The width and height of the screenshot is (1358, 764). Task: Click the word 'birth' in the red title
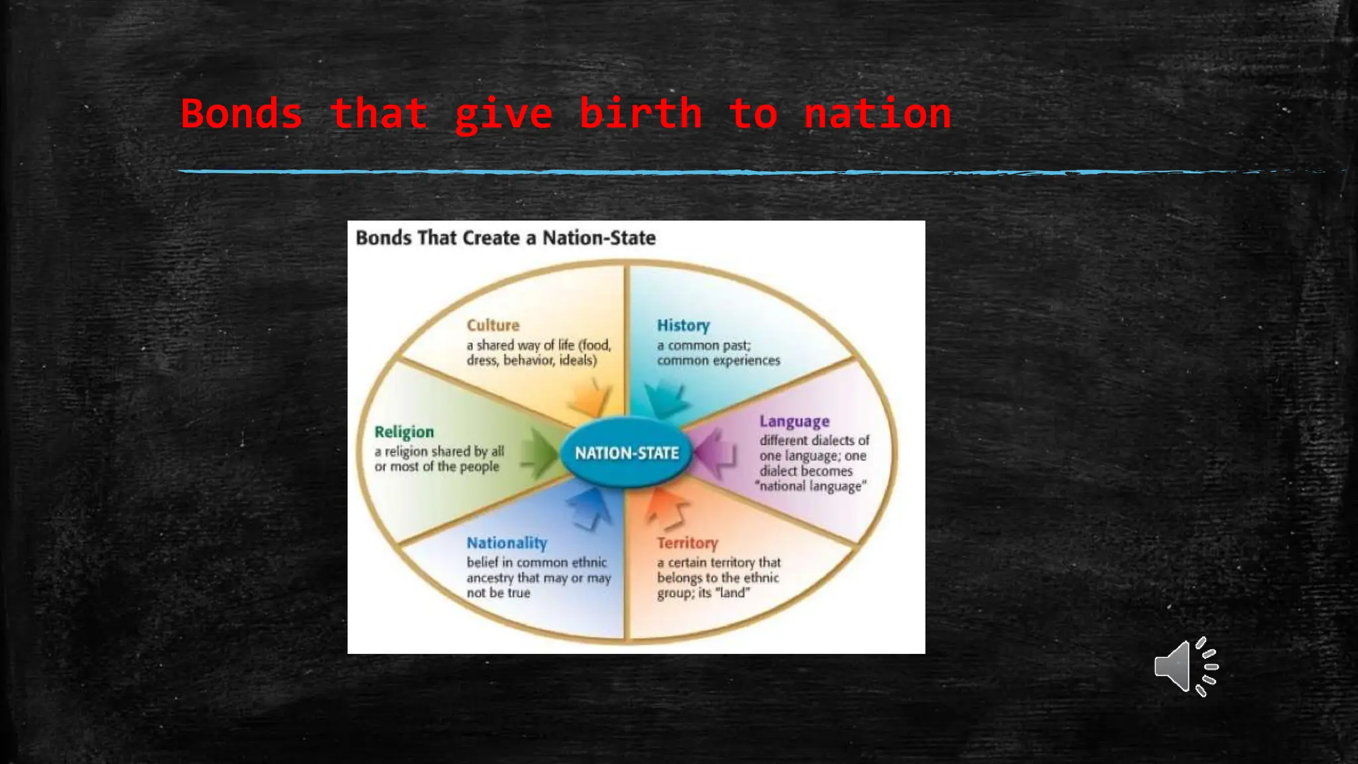click(641, 113)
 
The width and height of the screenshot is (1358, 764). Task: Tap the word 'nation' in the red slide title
click(877, 113)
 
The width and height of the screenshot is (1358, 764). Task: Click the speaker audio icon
click(1186, 667)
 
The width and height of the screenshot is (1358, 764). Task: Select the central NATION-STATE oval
click(627, 453)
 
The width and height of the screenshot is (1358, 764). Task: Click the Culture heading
click(493, 325)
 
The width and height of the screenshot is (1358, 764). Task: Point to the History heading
click(683, 326)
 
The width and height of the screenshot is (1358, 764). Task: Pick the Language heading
click(794, 422)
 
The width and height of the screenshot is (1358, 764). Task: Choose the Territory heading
click(687, 543)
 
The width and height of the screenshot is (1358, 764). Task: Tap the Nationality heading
click(507, 543)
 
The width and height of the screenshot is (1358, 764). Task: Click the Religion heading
click(404, 432)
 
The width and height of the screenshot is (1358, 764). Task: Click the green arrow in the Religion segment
click(540, 453)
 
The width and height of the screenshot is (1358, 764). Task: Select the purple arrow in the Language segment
click(713, 454)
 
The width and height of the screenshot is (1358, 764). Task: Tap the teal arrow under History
click(666, 399)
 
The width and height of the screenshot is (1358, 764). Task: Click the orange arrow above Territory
click(668, 507)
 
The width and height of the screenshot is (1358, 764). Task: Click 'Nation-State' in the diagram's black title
click(599, 238)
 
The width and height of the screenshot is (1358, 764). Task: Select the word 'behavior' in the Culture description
click(528, 361)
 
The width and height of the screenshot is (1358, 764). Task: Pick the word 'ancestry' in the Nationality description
click(490, 578)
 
